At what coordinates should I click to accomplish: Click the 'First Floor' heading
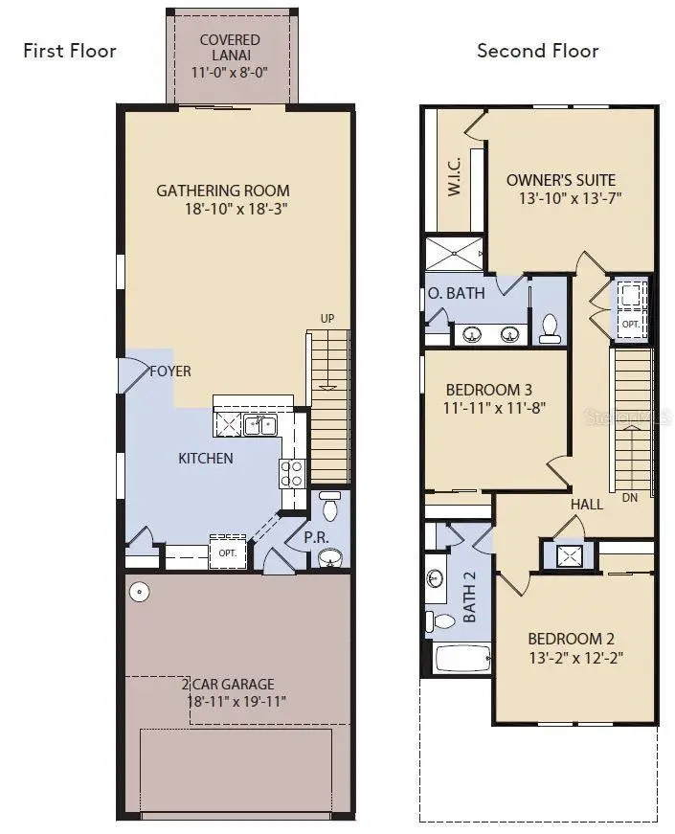point(69,51)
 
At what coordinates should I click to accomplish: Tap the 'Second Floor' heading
point(537,51)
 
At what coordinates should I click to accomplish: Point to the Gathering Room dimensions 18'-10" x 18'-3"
point(236,209)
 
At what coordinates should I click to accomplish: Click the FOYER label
point(169,372)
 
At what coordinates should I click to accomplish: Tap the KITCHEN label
point(206,458)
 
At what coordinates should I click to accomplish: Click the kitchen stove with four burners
point(291,472)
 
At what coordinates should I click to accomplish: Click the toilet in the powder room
point(330,505)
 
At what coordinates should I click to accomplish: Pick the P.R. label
point(317,538)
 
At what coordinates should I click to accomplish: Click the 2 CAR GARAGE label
point(229,684)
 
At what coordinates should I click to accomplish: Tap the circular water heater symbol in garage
point(140,593)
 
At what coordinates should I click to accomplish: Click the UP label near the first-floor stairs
point(327,319)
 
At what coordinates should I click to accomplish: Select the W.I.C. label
point(454,176)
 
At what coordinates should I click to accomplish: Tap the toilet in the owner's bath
point(550,327)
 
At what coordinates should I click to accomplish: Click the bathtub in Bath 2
point(462,658)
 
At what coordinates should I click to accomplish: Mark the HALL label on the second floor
point(586,504)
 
